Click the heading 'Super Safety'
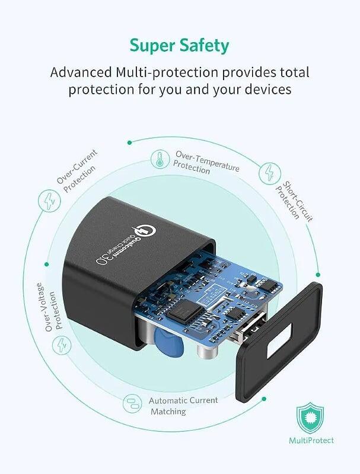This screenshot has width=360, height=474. tap(179, 46)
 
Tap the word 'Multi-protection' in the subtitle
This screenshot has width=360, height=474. tap(167, 72)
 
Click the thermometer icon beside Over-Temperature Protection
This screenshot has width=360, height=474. tap(160, 159)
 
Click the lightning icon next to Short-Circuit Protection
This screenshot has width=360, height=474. tap(270, 173)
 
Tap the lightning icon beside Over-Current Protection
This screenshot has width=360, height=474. tap(49, 201)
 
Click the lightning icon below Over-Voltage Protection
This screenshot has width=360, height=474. tap(62, 345)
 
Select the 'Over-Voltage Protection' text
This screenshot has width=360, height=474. tap(50, 307)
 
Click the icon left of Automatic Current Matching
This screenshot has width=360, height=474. tap(132, 403)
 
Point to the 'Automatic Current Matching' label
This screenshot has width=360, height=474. tap(183, 406)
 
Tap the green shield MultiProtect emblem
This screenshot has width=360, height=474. tap(310, 418)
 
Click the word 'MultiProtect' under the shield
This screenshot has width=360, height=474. tap(311, 440)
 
